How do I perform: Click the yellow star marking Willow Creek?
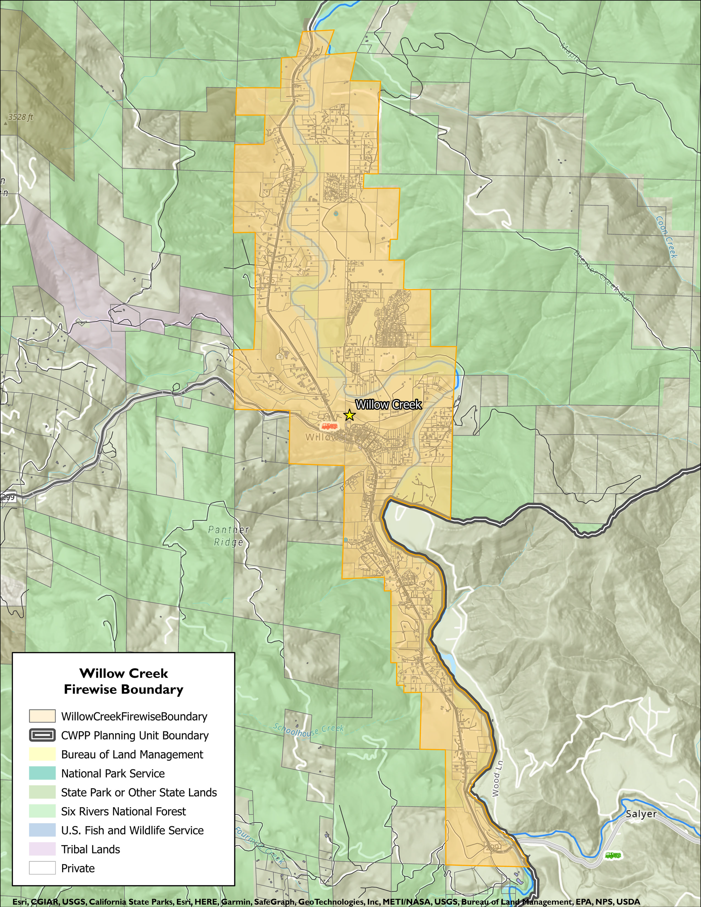[x=349, y=414]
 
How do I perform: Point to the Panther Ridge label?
[x=228, y=536]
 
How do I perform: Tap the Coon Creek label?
[x=666, y=237]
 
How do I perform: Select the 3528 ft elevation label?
[x=20, y=117]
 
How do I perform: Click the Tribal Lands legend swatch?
[x=42, y=849]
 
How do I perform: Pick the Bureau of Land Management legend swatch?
[x=42, y=754]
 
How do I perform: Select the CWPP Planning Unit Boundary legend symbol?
[x=42, y=735]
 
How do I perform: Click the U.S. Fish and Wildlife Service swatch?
[x=42, y=830]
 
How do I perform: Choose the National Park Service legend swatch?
[x=42, y=773]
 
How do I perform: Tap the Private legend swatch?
[x=42, y=868]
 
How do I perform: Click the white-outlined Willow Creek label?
[x=388, y=405]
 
